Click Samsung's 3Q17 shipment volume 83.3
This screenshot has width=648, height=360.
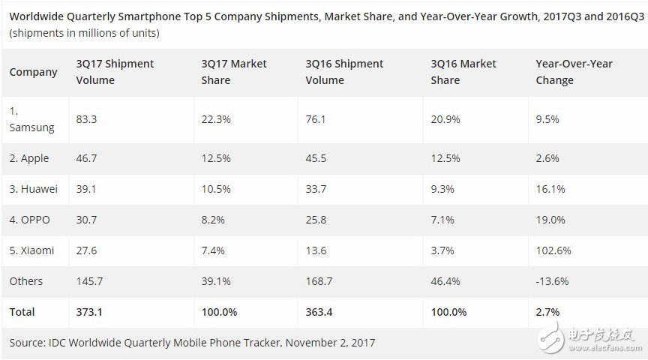tap(87, 119)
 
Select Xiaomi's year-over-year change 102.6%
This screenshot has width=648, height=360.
tap(552, 250)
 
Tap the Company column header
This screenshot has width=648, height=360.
tap(33, 72)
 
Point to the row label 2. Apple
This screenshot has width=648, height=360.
tap(29, 158)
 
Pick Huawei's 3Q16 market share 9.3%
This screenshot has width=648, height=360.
tap(442, 189)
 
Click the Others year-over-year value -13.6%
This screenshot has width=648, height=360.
tap(552, 281)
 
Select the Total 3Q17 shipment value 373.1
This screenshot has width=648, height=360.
tap(89, 311)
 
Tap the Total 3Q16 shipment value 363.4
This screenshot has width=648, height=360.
tap(319, 311)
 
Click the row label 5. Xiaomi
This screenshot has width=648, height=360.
tap(31, 250)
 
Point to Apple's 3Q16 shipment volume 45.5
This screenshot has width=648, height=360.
tap(316, 158)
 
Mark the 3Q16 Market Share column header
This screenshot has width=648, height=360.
tap(463, 72)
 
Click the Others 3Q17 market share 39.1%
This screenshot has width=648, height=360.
tap(216, 281)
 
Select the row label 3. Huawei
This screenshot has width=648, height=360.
tap(33, 189)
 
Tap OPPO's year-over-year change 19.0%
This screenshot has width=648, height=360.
tap(549, 220)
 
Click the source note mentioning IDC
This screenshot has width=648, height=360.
tap(192, 343)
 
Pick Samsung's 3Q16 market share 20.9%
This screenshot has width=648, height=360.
tap(445, 119)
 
